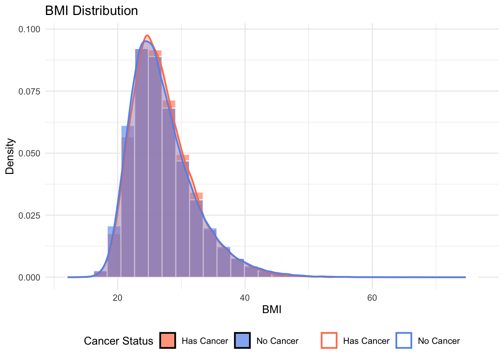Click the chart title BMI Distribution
[x=91, y=10]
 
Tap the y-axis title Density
[x=10, y=156]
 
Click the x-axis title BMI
[x=272, y=310]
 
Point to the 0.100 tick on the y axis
[x=29, y=29]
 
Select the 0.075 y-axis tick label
[x=29, y=91]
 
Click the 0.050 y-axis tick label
[x=29, y=153]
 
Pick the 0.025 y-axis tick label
[x=29, y=215]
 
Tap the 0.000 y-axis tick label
[x=29, y=277]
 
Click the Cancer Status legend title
[x=118, y=341]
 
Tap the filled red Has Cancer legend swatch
[x=168, y=340]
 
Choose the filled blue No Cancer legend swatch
[x=242, y=340]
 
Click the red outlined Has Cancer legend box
[x=329, y=340]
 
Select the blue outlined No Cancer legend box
[x=404, y=340]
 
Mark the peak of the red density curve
[x=147, y=36]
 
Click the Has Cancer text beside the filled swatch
[x=205, y=341]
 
